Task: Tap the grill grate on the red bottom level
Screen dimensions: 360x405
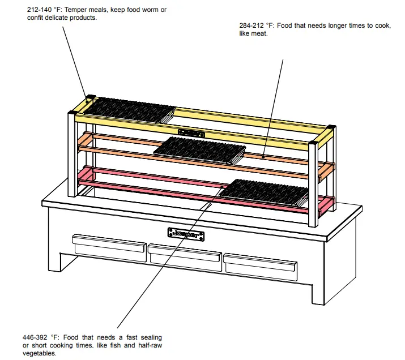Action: [x=263, y=191]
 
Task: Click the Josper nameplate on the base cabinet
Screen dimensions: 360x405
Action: [x=186, y=233]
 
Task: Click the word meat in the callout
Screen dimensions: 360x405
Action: [x=259, y=34]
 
